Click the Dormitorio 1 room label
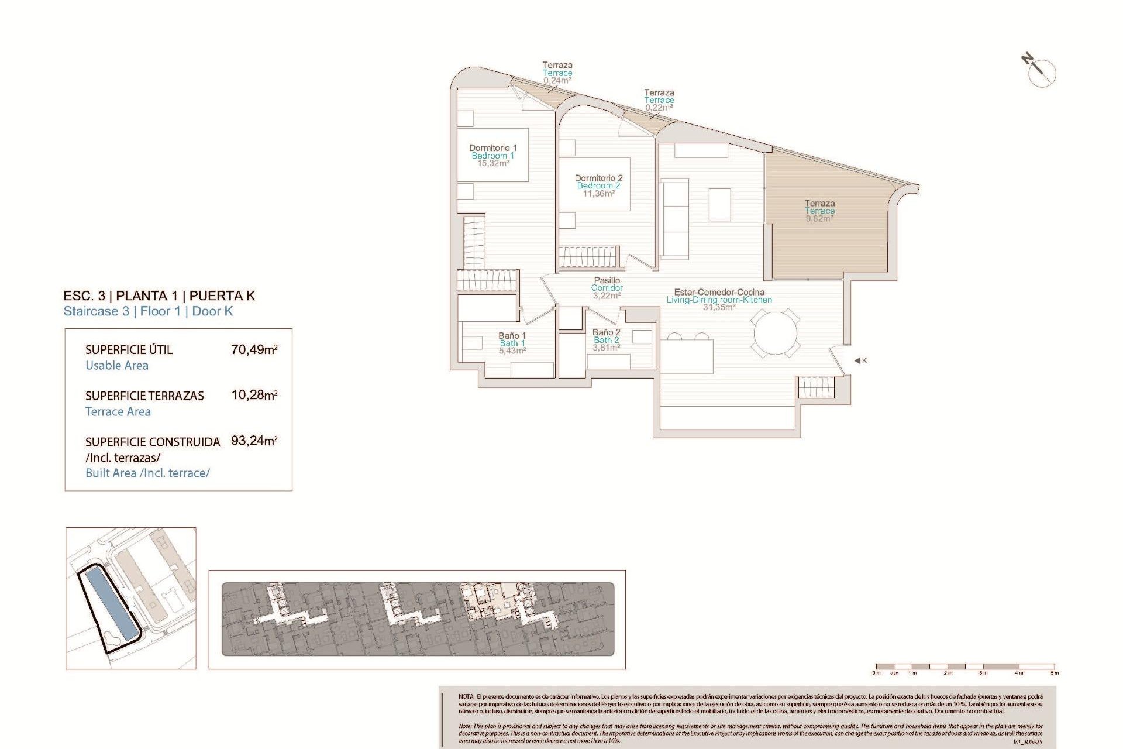pyautogui.click(x=492, y=148)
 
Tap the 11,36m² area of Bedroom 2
pyautogui.click(x=598, y=194)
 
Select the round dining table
pyautogui.click(x=775, y=333)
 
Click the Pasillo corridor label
pyautogui.click(x=607, y=280)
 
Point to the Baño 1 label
pyautogui.click(x=512, y=336)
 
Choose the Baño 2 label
pyautogui.click(x=606, y=332)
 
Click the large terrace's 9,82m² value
pyautogui.click(x=819, y=219)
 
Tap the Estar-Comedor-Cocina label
pyautogui.click(x=719, y=292)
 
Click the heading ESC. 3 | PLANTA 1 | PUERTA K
pyautogui.click(x=159, y=296)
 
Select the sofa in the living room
pyautogui.click(x=675, y=219)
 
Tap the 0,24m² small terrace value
pyautogui.click(x=557, y=81)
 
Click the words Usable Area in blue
pyautogui.click(x=117, y=366)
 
